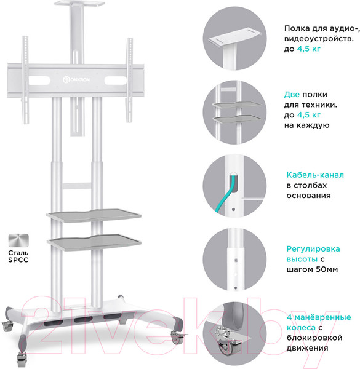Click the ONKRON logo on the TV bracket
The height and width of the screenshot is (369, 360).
click(x=76, y=79)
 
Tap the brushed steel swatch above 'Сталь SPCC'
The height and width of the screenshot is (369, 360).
click(x=18, y=240)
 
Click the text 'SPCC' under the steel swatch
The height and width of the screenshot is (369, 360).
click(x=18, y=260)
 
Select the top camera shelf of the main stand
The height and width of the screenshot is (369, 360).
click(x=79, y=4)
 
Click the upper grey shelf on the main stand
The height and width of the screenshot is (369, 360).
click(x=94, y=215)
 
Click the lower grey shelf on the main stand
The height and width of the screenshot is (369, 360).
click(x=94, y=242)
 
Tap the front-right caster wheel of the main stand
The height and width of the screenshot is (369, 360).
click(x=176, y=338)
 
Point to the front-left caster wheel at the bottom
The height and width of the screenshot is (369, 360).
click(x=22, y=358)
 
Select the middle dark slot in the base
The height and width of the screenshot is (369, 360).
click(x=83, y=319)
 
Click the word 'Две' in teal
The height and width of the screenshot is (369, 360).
click(x=292, y=95)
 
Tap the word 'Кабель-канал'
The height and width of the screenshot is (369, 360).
click(x=315, y=175)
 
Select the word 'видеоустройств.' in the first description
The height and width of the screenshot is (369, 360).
click(x=319, y=39)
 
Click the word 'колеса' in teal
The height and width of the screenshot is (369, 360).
click(x=301, y=328)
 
